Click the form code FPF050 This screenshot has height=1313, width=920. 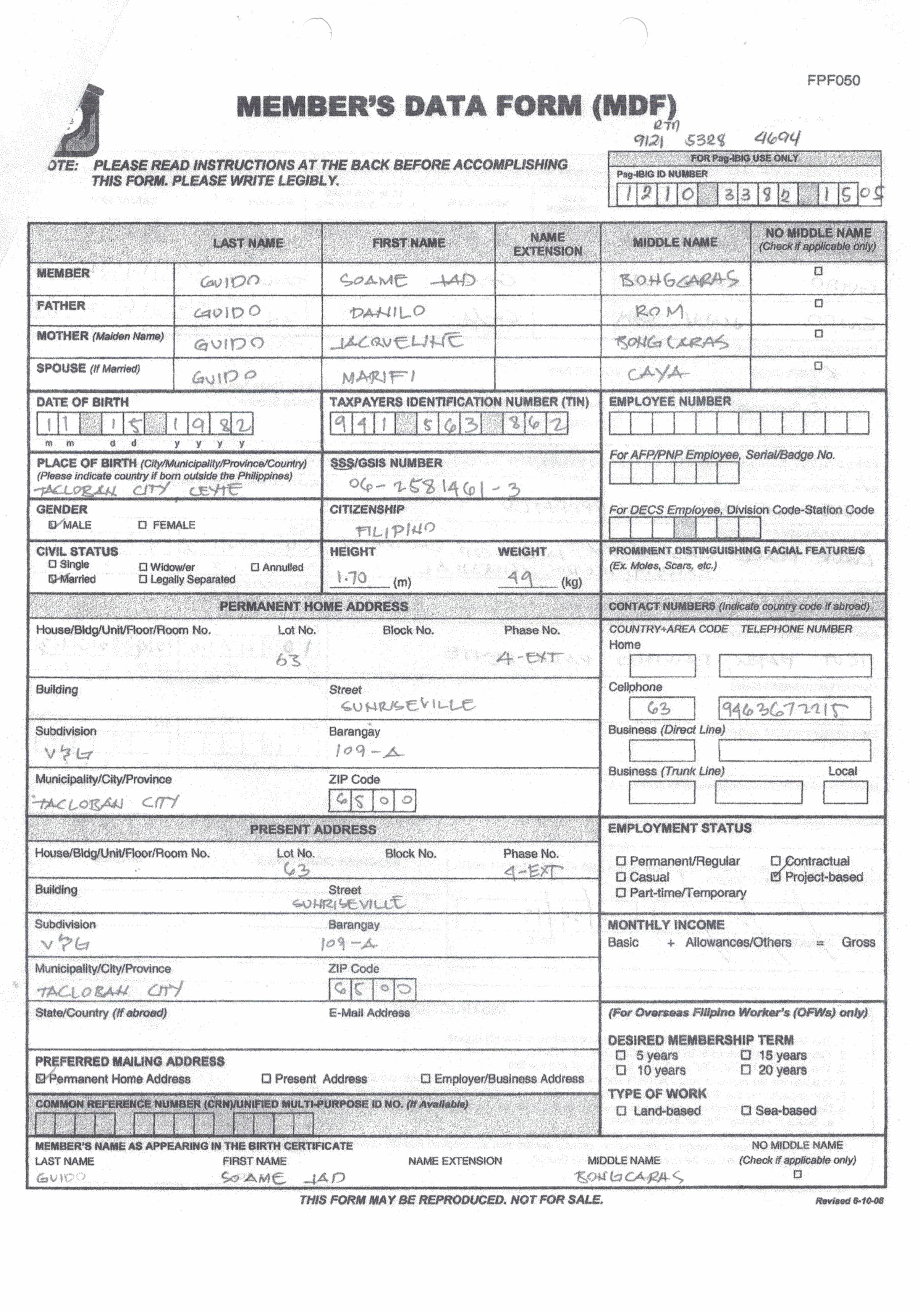pyautogui.click(x=833, y=81)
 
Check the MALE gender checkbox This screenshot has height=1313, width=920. pyautogui.click(x=53, y=525)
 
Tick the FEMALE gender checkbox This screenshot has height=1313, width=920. pyautogui.click(x=143, y=525)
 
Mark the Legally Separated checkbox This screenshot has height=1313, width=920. pyautogui.click(x=143, y=579)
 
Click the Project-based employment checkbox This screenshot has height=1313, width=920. pyautogui.click(x=776, y=877)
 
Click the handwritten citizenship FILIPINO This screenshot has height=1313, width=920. pyautogui.click(x=395, y=529)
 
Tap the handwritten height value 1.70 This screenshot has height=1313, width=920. pyautogui.click(x=352, y=578)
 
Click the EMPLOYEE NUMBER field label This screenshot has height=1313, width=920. pyautogui.click(x=669, y=402)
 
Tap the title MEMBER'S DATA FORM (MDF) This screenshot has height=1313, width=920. pyautogui.click(x=456, y=106)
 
